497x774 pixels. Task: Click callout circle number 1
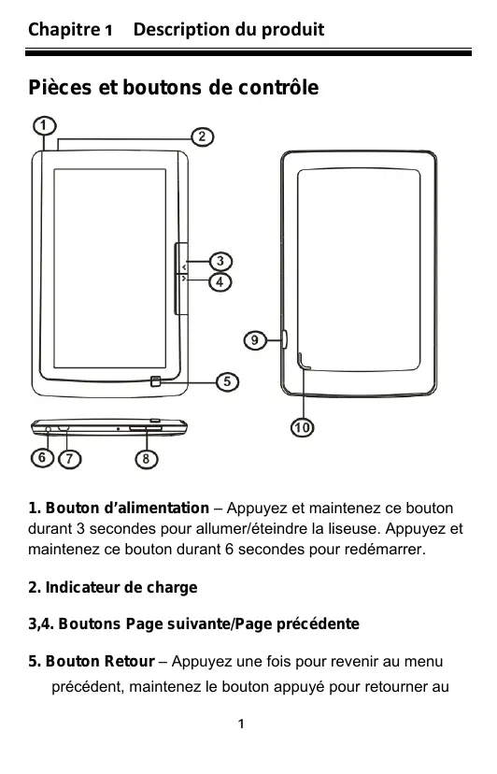click(x=44, y=125)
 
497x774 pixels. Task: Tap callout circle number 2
click(x=203, y=136)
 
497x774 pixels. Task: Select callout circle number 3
click(x=220, y=261)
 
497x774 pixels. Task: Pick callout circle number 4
click(x=220, y=282)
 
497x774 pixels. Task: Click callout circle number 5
click(x=227, y=381)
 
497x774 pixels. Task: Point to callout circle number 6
click(x=42, y=458)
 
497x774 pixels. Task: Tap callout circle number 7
click(x=69, y=459)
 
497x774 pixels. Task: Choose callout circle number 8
click(x=146, y=459)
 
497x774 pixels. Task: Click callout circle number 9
click(x=255, y=340)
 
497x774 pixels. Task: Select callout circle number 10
click(x=302, y=427)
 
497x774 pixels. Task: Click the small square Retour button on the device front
click(x=156, y=381)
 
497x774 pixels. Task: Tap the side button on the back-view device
click(x=285, y=339)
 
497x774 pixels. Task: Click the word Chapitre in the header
click(x=64, y=30)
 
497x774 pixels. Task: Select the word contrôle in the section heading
click(x=278, y=88)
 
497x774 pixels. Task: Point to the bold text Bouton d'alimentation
click(x=127, y=508)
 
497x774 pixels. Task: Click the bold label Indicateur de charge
click(x=121, y=587)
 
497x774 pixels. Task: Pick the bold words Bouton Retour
click(x=100, y=662)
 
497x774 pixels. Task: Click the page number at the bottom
click(x=241, y=724)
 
